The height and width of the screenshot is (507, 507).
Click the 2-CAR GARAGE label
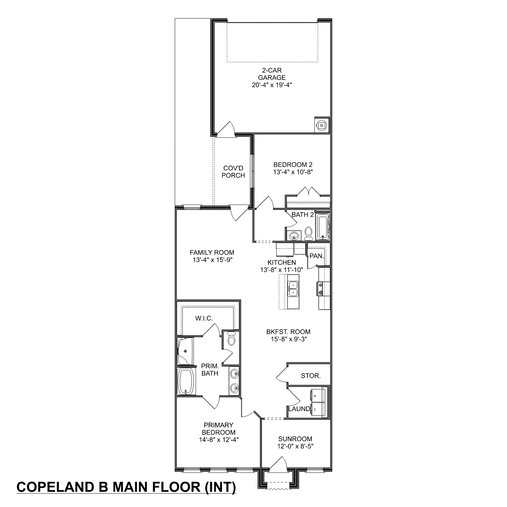tap(271, 74)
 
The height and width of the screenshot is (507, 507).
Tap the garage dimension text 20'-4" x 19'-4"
tap(271, 85)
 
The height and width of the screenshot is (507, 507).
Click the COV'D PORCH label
tap(233, 172)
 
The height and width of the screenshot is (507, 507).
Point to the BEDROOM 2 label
tap(293, 165)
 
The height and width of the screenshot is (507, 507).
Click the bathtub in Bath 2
tap(322, 227)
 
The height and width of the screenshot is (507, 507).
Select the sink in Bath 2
tap(294, 236)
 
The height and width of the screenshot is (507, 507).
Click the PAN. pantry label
tap(317, 256)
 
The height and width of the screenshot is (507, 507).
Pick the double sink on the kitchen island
tap(293, 289)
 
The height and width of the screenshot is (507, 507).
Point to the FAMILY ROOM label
tap(212, 252)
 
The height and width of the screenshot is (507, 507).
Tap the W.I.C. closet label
tap(204, 318)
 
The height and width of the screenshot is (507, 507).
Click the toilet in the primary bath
tap(232, 339)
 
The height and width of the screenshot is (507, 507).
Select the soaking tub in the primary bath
tap(186, 381)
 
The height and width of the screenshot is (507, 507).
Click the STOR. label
tap(311, 376)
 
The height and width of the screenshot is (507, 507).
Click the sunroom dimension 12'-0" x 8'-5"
tap(295, 446)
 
